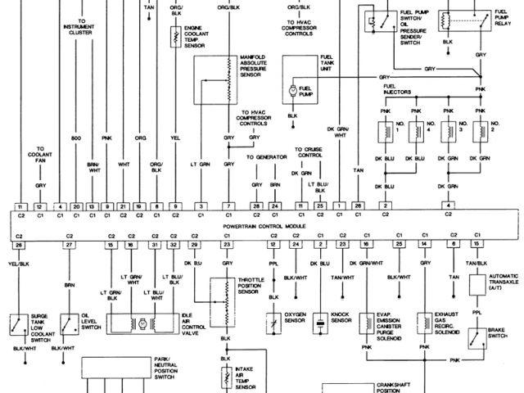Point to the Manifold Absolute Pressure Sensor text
point(260,65)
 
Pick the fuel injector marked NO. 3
point(449,131)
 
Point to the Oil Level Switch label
point(93,320)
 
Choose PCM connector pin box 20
point(76,206)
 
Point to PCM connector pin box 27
point(70,244)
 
